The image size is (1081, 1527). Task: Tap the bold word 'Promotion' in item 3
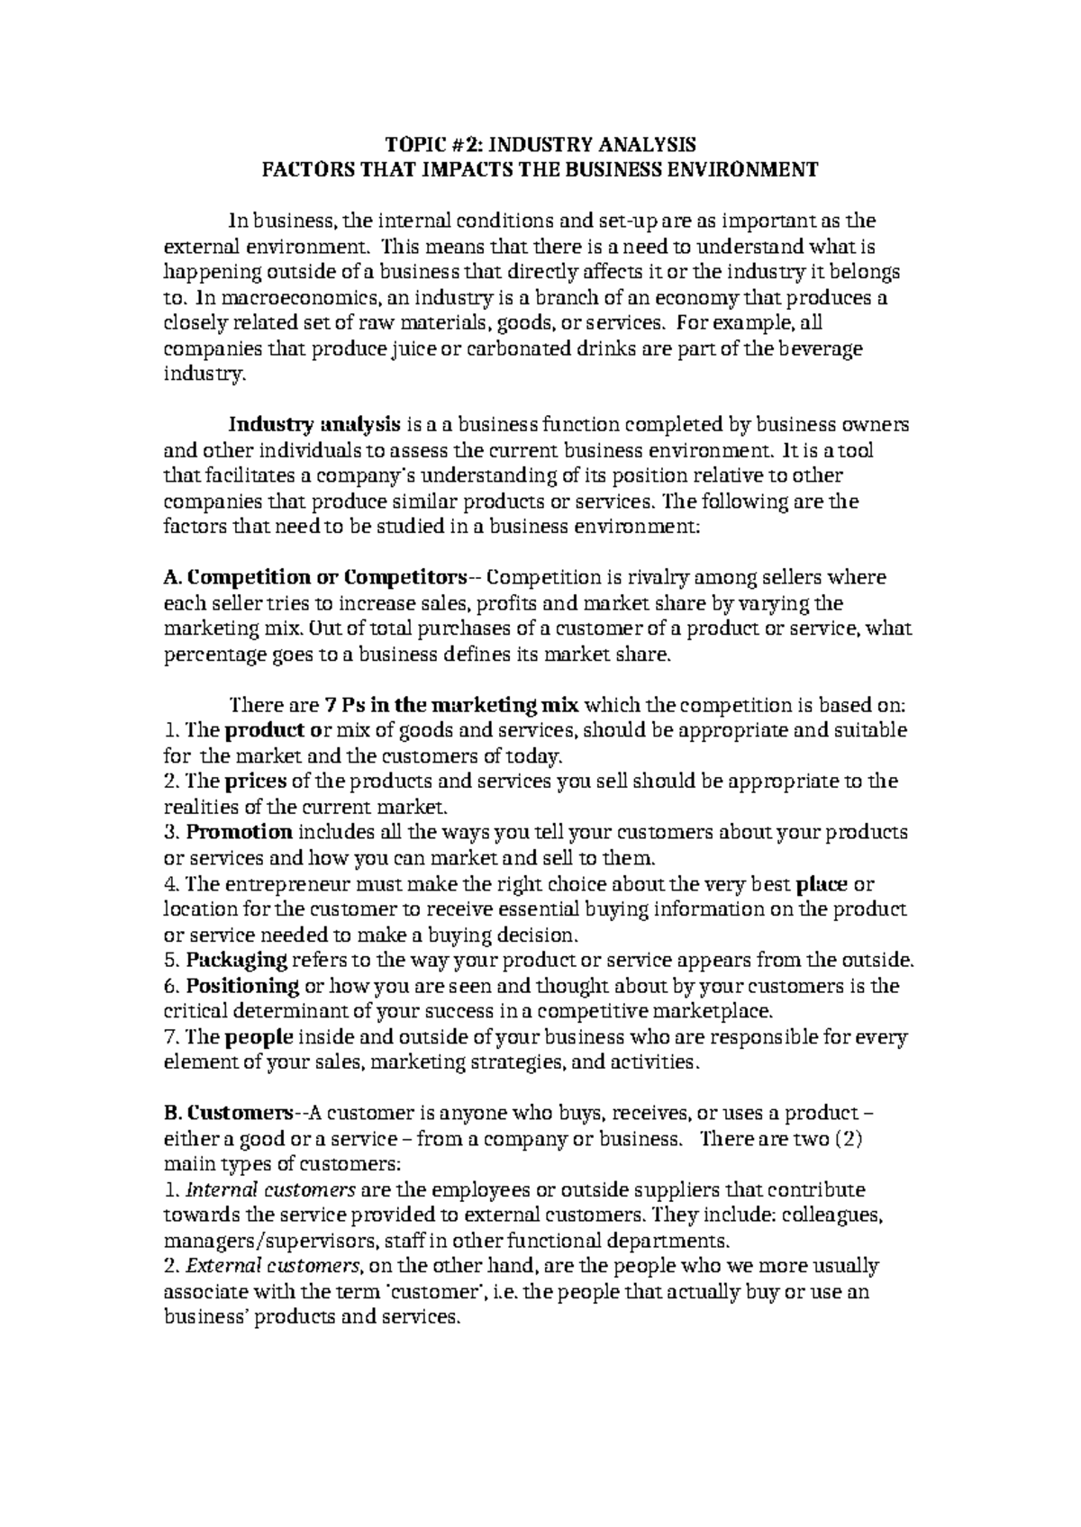[x=240, y=832]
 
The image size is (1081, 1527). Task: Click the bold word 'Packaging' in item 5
[x=237, y=960]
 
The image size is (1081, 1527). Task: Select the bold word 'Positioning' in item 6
[x=242, y=985]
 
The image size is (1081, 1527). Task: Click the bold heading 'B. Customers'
[x=230, y=1113]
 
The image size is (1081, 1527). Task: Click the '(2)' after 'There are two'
[x=850, y=1138]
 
